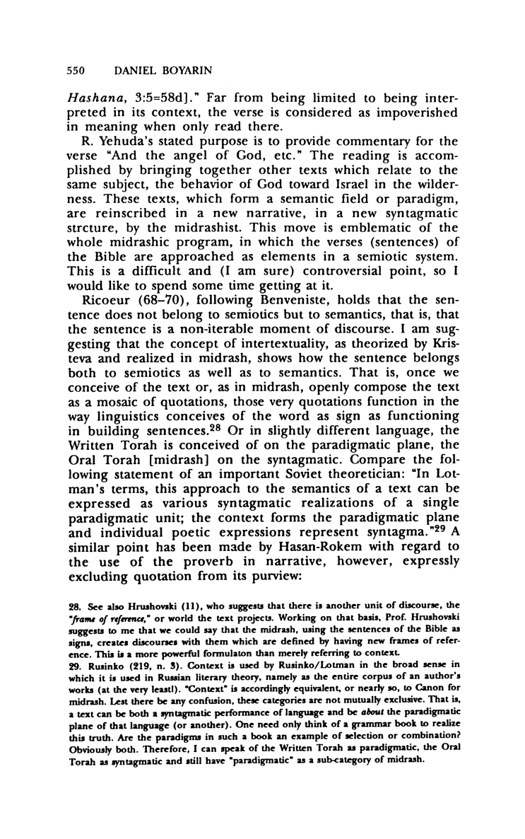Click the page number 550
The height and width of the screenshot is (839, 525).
pyautogui.click(x=76, y=71)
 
